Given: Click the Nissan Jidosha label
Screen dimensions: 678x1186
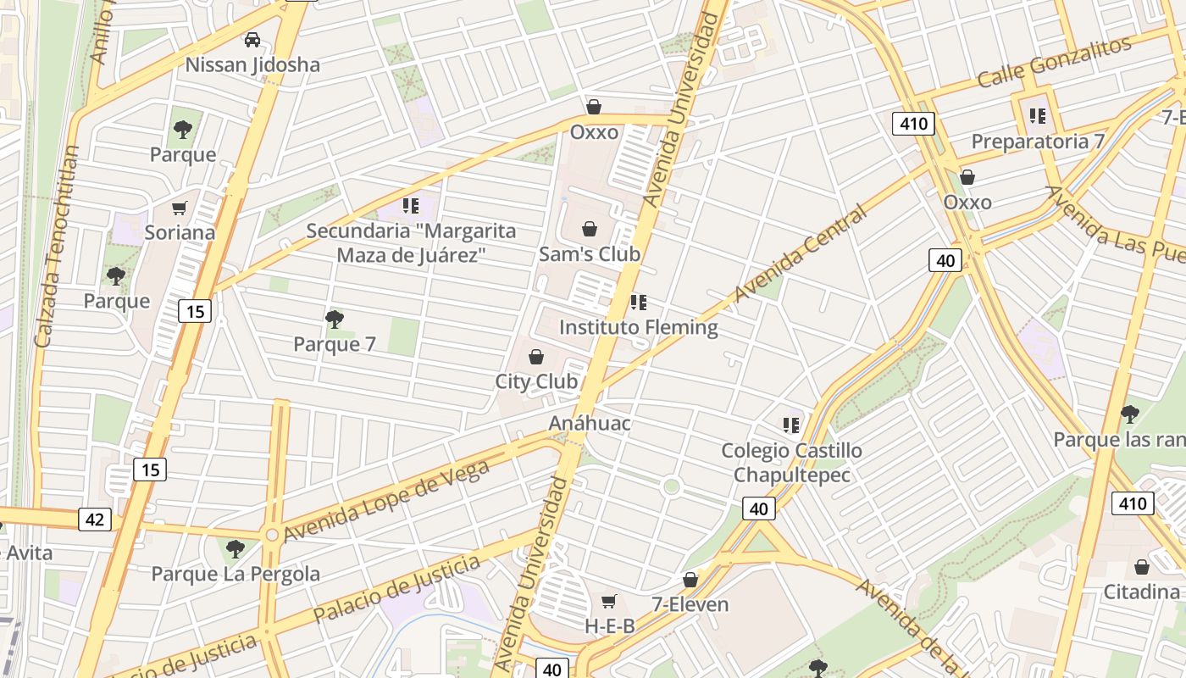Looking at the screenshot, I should [252, 64].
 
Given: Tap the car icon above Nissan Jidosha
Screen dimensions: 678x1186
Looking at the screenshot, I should [252, 39].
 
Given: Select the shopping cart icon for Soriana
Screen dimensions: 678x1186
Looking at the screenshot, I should [179, 208].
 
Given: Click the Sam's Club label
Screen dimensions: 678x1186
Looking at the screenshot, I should [590, 254].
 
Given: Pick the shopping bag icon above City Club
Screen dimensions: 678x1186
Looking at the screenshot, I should [535, 357].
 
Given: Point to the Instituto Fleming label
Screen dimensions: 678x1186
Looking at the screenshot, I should [638, 327].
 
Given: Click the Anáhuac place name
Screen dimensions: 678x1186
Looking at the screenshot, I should [590, 423].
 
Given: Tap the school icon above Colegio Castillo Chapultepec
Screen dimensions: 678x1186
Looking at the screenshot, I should [791, 425].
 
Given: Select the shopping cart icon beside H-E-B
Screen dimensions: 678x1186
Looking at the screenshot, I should [608, 602].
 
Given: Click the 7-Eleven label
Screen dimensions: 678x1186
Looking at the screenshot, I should [690, 604].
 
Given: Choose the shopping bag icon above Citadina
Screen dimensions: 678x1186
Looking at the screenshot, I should [1142, 567].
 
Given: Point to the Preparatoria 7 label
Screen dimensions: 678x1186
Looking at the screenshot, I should [1038, 142].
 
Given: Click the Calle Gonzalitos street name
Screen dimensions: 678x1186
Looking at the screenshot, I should [1054, 62].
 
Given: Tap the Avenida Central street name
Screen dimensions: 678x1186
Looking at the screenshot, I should [801, 253].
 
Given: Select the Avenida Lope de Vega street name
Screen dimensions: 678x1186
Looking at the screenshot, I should [387, 500].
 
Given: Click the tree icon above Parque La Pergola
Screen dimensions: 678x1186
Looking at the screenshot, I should [236, 549].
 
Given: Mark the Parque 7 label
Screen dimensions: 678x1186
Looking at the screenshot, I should [335, 344].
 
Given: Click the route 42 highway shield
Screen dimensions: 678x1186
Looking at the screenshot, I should [94, 519].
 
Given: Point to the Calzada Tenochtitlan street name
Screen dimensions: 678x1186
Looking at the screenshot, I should [57, 246].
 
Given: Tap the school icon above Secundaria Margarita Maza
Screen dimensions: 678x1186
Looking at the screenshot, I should [411, 205].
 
